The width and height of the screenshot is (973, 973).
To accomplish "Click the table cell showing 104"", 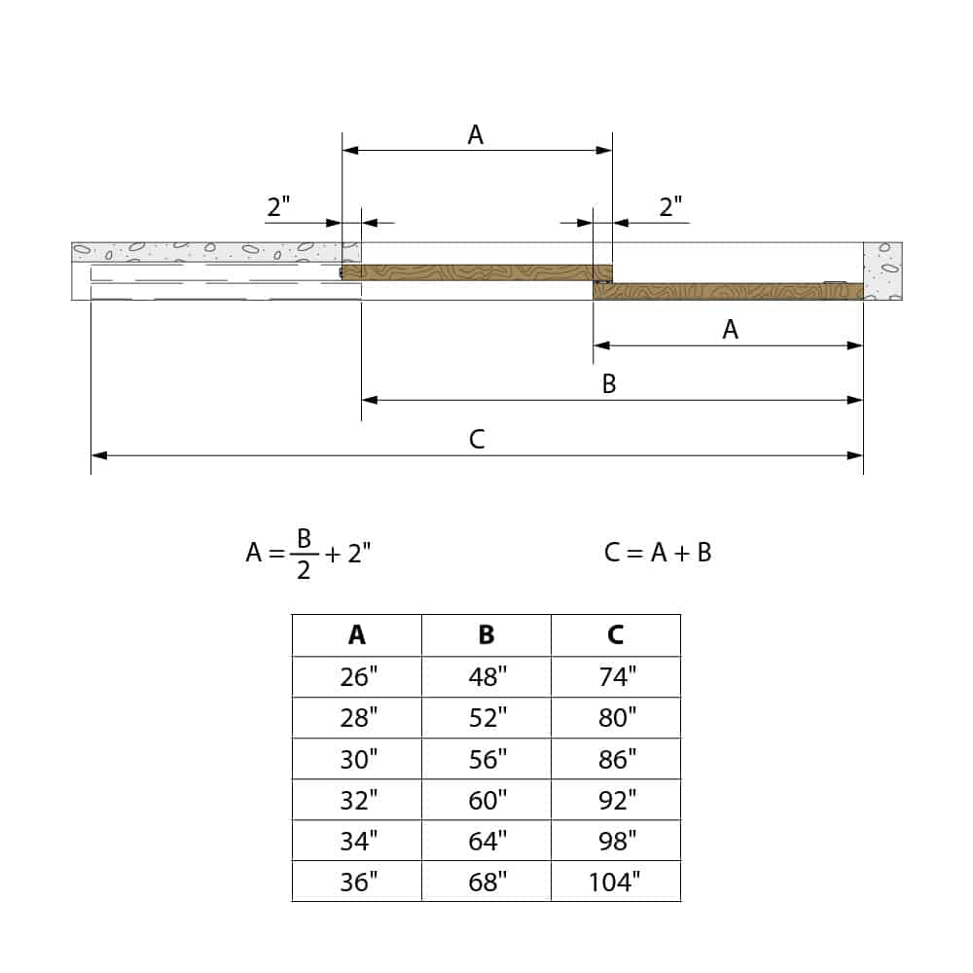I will (615, 882).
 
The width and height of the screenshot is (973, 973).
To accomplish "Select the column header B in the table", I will (486, 635).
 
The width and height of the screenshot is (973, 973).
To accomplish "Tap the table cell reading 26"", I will (357, 677).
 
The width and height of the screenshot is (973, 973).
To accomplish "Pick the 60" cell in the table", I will (486, 800).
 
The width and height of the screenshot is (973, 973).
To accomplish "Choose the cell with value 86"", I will (616, 759).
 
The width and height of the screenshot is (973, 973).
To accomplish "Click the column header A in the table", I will (357, 635).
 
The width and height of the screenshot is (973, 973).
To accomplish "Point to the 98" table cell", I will (616, 841).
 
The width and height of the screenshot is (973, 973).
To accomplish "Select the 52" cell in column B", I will (486, 718).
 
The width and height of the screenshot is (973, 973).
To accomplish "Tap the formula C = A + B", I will (658, 553).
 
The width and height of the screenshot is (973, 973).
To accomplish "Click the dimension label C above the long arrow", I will (476, 440).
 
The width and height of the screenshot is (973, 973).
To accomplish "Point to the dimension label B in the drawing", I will (609, 384).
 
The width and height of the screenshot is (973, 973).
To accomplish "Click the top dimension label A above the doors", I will (476, 135).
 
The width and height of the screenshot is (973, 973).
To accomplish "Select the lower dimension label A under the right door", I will (730, 330).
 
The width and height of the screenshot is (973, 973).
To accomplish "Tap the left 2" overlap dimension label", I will (279, 206).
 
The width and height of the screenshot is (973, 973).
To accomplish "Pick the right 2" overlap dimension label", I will (671, 206).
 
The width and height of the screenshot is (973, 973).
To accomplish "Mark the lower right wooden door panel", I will (728, 291).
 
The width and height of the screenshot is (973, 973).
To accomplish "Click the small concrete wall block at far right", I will (883, 270).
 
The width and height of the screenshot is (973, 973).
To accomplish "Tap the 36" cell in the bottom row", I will (357, 882).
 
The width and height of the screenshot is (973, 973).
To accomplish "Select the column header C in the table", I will (616, 635).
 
